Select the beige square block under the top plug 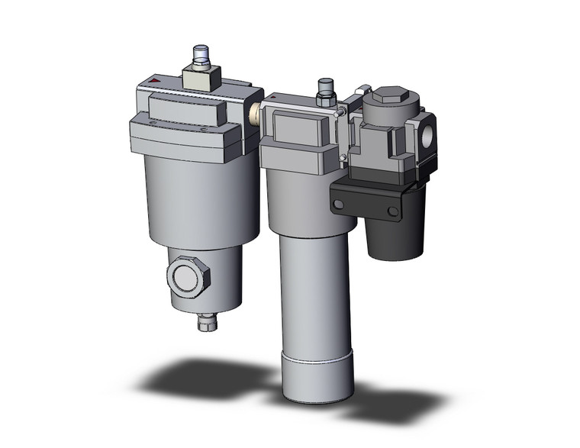201,78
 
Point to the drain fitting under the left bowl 208,323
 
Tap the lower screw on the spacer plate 344,159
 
